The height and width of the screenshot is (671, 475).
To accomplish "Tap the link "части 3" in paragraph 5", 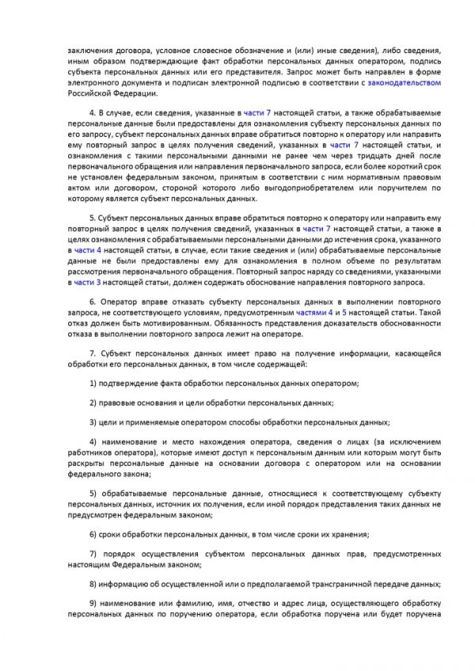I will pos(83,282).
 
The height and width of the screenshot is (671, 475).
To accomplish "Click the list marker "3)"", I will pos(93,422).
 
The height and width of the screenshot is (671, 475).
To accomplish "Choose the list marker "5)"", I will pos(93,494).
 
